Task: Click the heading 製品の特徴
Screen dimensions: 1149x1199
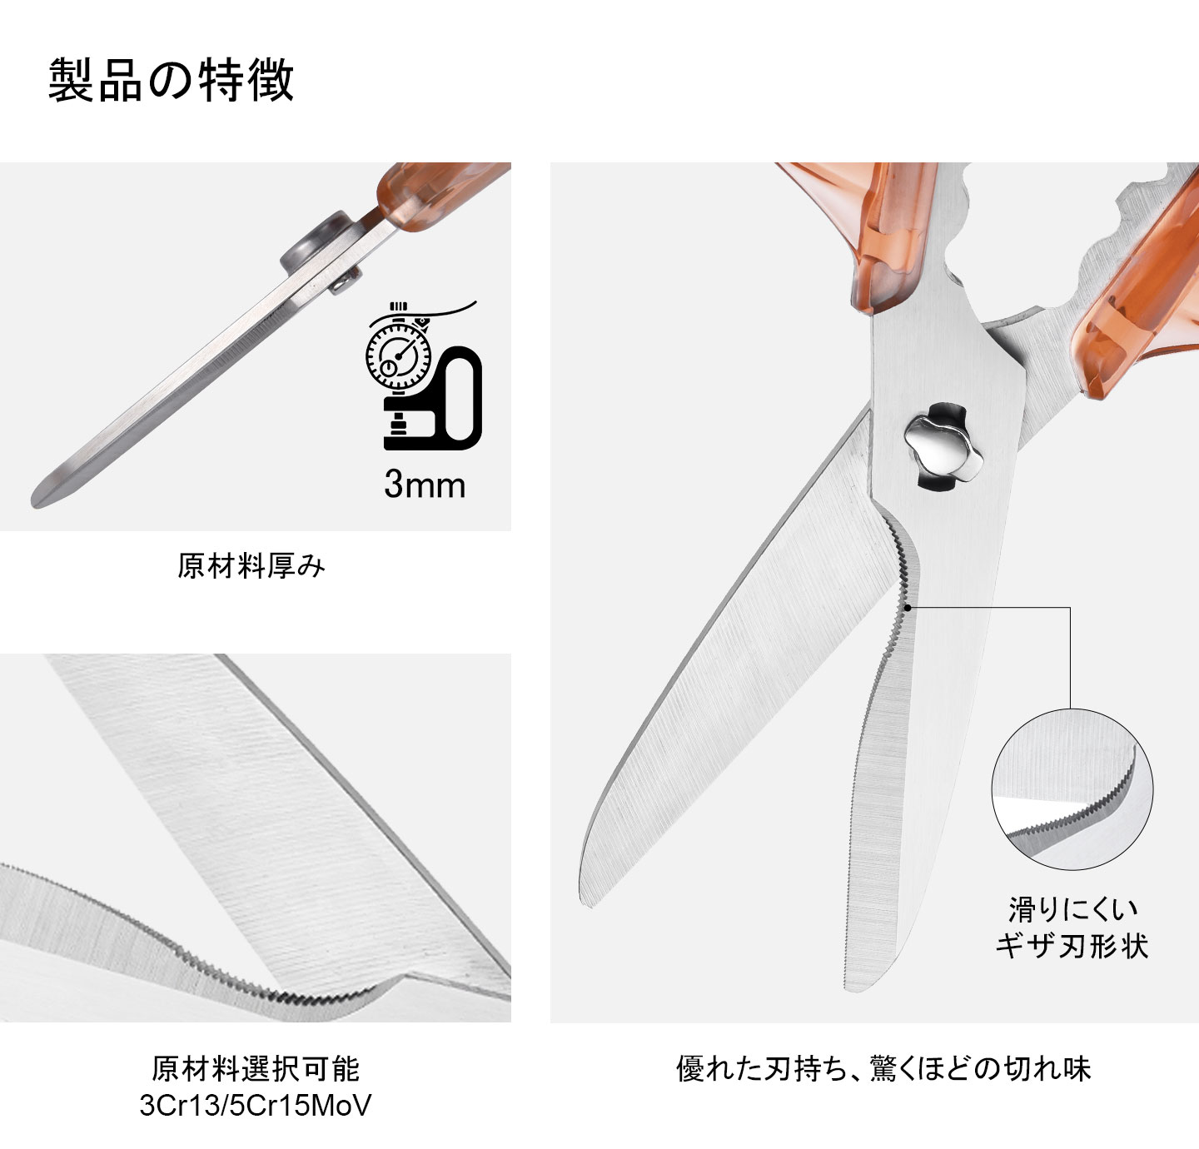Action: (x=171, y=81)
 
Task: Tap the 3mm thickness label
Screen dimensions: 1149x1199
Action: (x=424, y=485)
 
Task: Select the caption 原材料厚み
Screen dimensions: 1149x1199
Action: (x=251, y=566)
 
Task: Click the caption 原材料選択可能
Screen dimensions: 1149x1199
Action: (x=256, y=1068)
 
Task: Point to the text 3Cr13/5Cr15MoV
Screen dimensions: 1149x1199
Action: (x=256, y=1106)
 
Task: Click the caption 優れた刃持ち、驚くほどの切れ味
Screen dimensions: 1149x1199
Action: (x=883, y=1068)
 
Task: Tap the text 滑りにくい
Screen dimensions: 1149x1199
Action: (x=1072, y=908)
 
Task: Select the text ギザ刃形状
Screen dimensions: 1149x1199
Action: (x=1072, y=946)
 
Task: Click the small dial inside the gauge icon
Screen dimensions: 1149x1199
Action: (x=389, y=367)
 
